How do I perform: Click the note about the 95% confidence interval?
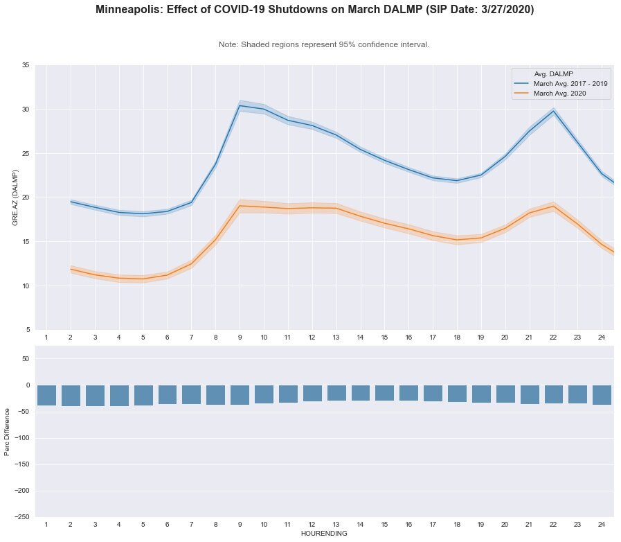(324, 44)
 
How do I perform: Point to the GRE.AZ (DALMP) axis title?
(15, 198)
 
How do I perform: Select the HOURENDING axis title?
(324, 534)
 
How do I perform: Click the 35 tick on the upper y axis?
(25, 65)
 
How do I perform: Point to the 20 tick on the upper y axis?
(25, 198)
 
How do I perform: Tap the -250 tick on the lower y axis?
(23, 517)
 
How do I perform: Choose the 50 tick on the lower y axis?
(26, 359)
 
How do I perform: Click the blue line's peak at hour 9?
(240, 106)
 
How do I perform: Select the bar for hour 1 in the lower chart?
(46, 395)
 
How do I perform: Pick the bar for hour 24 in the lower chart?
(602, 395)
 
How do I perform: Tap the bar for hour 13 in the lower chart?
(336, 393)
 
